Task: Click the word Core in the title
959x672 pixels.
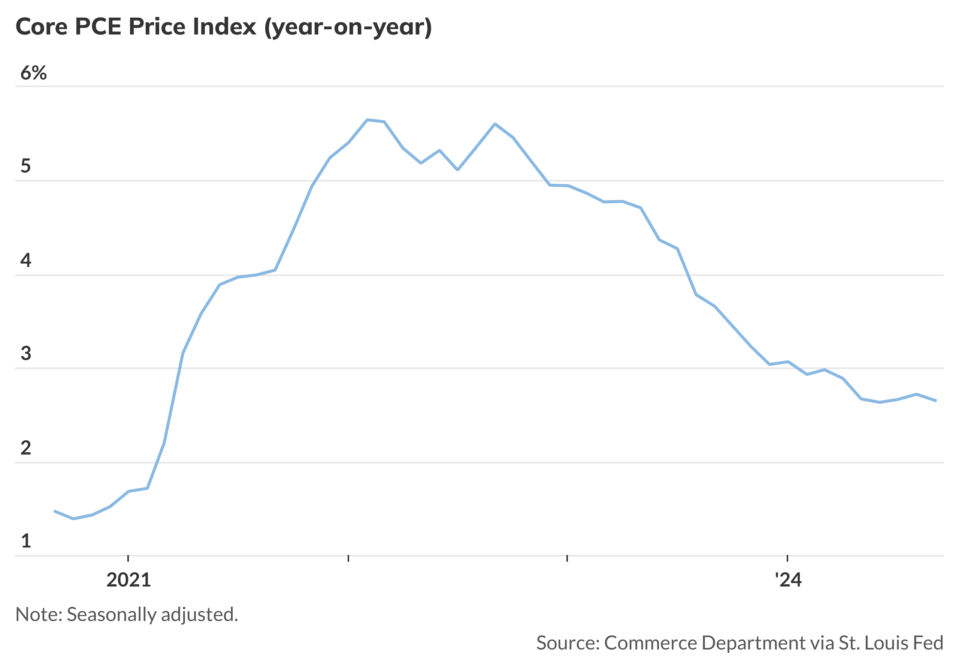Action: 41,27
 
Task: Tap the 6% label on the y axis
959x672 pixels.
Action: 33,73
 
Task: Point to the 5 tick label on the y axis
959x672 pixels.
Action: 25,166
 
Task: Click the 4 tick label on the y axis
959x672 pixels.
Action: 25,260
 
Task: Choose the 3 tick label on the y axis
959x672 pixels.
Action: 25,353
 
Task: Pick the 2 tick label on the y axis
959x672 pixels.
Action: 25,448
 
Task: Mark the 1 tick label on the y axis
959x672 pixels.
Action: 25,541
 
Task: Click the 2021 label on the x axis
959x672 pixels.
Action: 128,580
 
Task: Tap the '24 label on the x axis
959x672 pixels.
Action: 788,580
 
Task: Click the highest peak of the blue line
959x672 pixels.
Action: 367,120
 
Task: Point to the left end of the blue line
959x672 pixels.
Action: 55,511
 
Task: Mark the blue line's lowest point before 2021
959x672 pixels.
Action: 73,519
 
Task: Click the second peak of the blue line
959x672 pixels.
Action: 495,124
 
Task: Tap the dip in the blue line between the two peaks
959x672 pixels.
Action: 458,170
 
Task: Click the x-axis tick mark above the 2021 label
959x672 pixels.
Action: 128,558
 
